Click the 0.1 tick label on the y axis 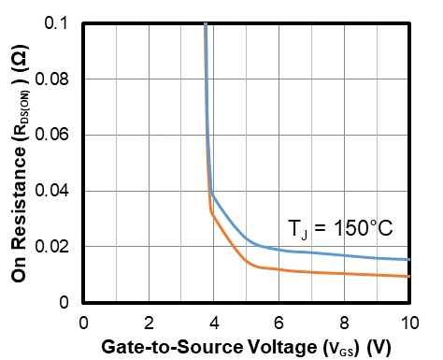pos(56,22)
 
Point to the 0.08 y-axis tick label pos(51,79)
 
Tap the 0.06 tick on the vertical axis pos(51,135)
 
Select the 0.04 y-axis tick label pos(51,191)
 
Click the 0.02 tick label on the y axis pos(51,246)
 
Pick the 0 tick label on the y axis pos(64,302)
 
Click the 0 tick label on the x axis pos(83,323)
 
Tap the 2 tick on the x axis pos(149,323)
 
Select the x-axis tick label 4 pos(214,323)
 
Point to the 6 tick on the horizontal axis pos(279,323)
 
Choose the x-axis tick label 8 pos(344,323)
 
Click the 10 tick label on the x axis pos(409,323)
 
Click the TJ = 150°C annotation pos(340,229)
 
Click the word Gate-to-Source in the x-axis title pos(172,346)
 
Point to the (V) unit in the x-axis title pos(379,348)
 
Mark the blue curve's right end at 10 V pos(409,259)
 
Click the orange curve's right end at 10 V pos(409,276)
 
